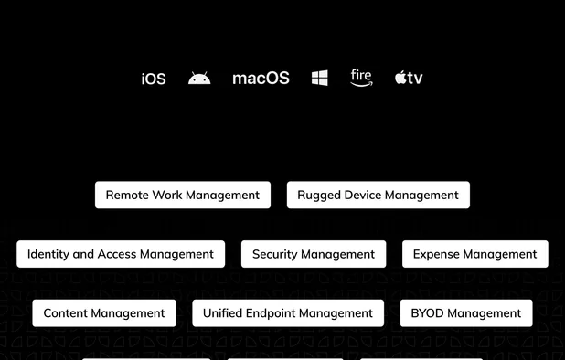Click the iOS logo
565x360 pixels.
pos(154,79)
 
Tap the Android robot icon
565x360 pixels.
pos(199,79)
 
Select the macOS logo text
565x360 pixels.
pos(261,79)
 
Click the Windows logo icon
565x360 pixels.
pos(319,79)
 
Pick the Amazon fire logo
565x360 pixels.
pos(361,78)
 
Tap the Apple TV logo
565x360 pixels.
pos(409,79)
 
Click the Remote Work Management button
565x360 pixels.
pos(183,195)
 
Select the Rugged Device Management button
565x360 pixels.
pos(378,195)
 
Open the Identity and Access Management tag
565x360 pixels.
pos(121,254)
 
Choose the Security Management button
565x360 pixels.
pos(314,254)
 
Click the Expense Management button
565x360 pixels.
pos(474,254)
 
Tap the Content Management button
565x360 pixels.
pos(104,312)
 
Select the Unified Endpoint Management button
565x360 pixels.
pos(288,312)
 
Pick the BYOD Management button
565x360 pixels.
pos(465,312)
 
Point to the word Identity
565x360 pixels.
pos(48,254)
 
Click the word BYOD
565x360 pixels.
pos(428,312)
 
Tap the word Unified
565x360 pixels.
pos(223,312)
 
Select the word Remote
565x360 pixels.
pos(128,195)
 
